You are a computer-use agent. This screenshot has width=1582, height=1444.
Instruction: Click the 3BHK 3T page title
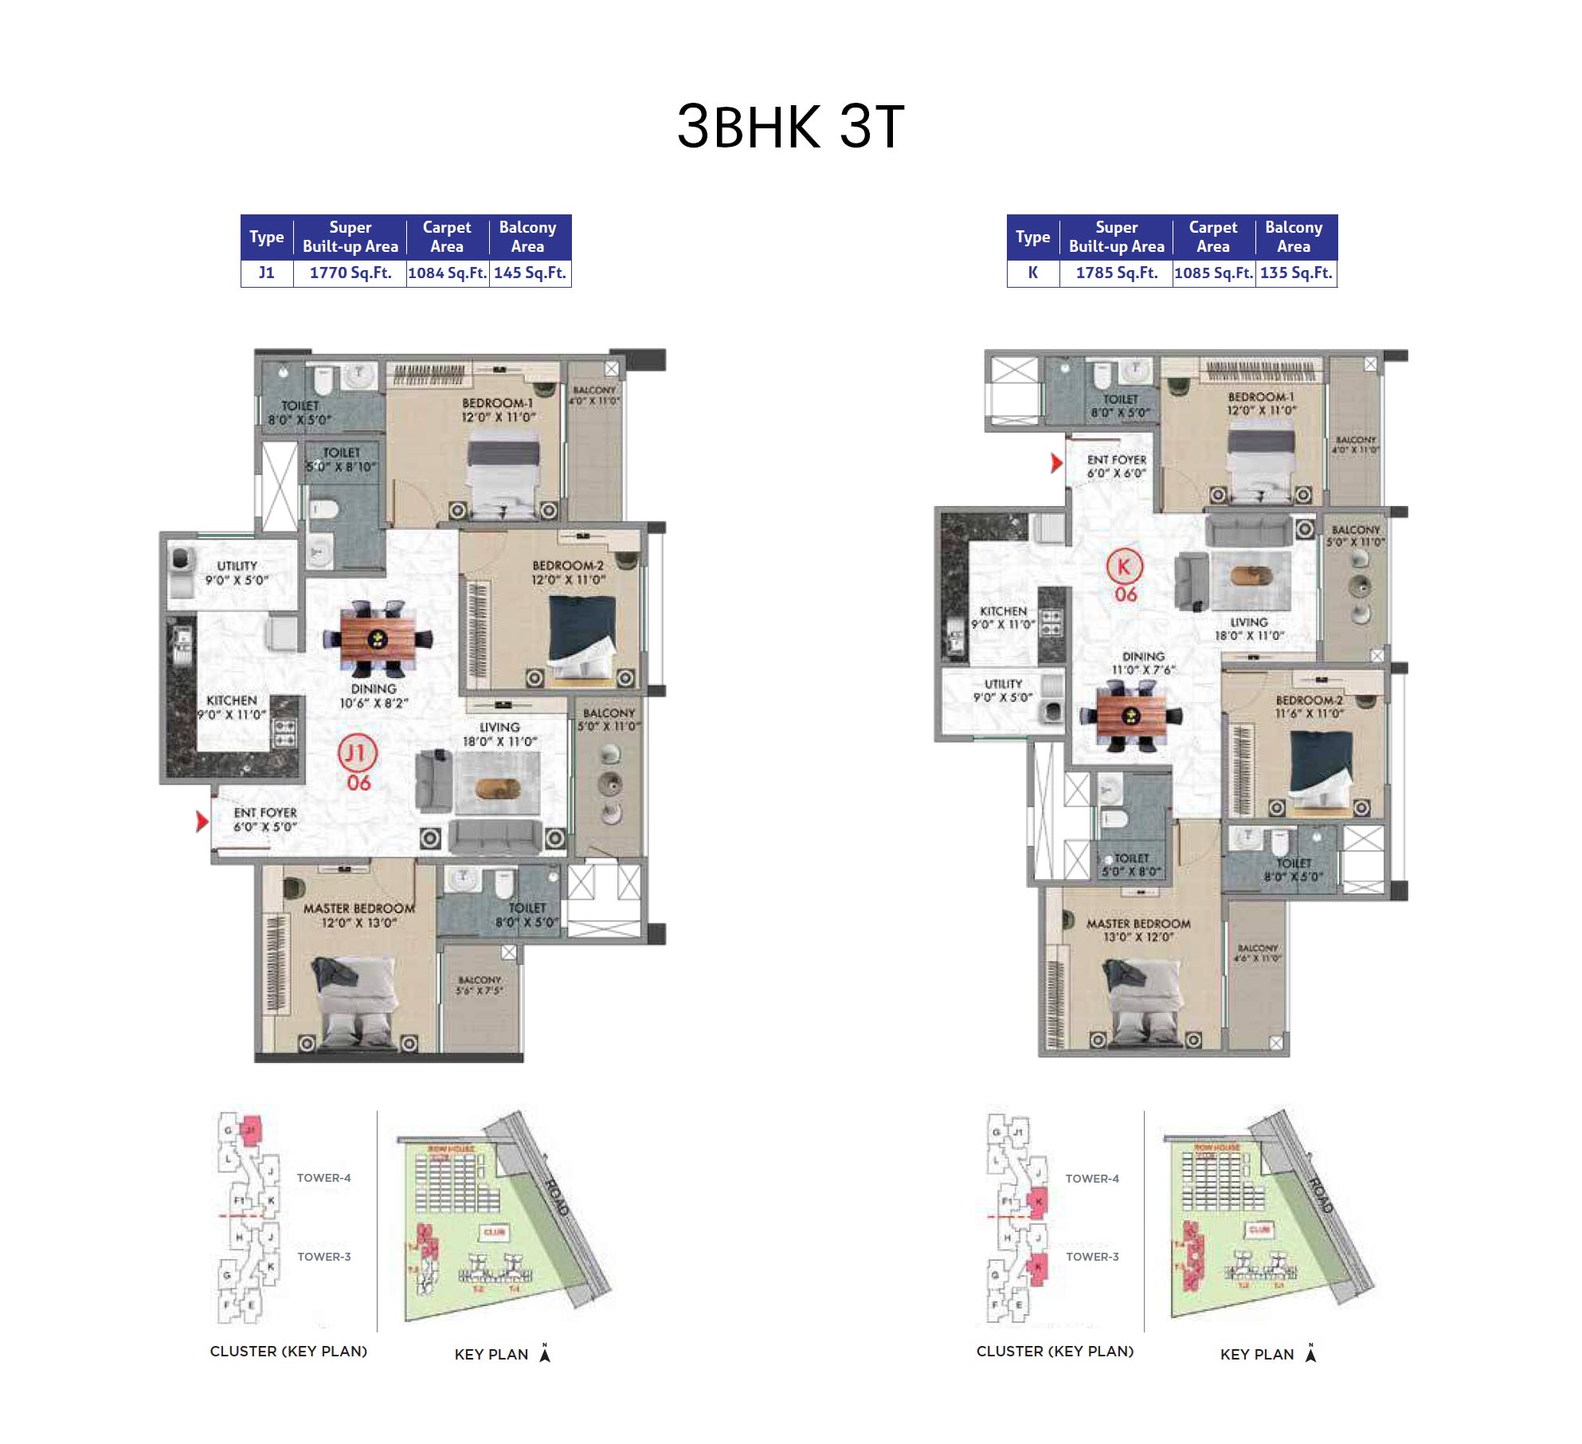coord(790,127)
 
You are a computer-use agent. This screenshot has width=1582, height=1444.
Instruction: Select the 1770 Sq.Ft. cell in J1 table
coord(350,273)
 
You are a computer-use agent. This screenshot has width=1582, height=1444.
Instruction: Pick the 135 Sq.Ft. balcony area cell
coord(1296,273)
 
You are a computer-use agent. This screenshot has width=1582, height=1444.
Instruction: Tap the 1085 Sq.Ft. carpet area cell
coord(1213,273)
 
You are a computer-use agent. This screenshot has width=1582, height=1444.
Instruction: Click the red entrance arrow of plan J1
coord(202,821)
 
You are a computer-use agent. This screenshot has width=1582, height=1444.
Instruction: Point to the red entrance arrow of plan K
coord(1056,463)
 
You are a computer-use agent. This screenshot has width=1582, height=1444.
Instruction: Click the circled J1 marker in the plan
coord(357,753)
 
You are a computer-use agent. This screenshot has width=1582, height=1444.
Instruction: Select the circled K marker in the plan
coord(1124,567)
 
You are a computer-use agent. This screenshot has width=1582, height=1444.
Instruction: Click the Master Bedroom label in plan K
coord(1138,924)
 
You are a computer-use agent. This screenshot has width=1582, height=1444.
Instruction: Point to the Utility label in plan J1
coord(237,567)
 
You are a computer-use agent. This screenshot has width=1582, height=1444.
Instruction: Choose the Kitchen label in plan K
coord(1003,611)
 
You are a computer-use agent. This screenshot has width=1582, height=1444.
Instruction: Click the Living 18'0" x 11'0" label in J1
coord(499,734)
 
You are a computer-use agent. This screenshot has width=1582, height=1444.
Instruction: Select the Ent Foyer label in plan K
coord(1117,461)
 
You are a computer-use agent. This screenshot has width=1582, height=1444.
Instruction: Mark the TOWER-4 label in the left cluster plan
coord(323,1178)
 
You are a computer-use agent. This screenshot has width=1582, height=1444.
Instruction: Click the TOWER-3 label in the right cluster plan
coord(1092,1257)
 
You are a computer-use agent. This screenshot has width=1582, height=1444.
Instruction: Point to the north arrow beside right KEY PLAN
coord(1310,1353)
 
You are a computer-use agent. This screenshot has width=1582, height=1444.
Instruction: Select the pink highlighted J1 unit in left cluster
coord(251,1129)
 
